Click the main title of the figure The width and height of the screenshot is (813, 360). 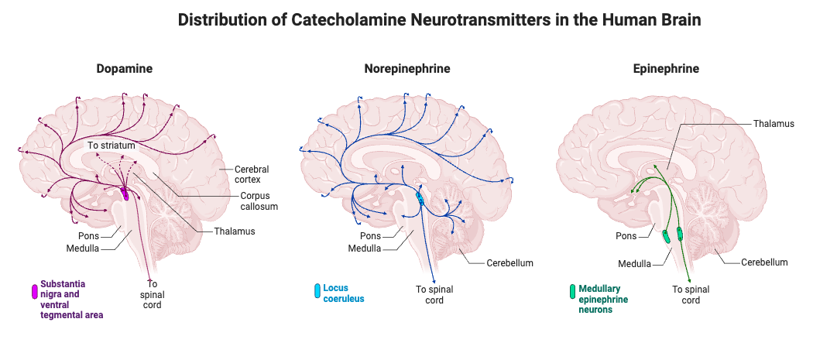(x=439, y=20)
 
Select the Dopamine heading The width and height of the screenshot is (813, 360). (x=124, y=69)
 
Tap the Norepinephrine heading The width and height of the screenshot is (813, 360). (x=406, y=69)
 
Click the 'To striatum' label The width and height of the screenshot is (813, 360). (x=111, y=146)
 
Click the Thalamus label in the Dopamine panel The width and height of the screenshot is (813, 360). (x=235, y=231)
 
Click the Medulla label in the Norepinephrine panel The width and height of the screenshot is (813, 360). (x=364, y=249)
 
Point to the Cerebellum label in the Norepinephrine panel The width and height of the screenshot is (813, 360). (x=509, y=263)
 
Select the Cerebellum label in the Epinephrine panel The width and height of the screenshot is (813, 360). (x=763, y=262)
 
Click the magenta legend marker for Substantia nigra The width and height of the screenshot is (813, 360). (x=33, y=292)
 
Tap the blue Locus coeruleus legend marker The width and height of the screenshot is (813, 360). (x=317, y=291)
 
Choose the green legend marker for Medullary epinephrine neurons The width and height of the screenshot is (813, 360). (x=572, y=291)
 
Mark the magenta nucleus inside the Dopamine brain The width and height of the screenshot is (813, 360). (x=125, y=194)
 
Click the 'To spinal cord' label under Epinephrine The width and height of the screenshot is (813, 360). (x=691, y=295)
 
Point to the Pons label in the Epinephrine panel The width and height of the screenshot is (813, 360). (x=626, y=236)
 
